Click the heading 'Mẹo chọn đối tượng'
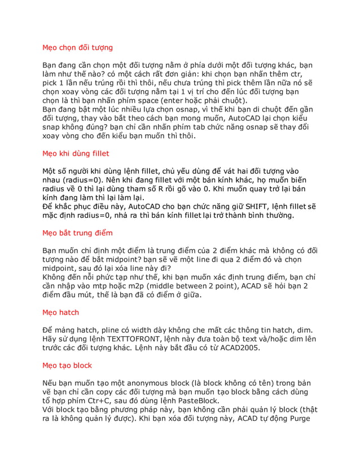[x=78, y=47]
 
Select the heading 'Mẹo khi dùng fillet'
[x=76, y=153]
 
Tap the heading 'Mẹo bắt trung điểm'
[x=78, y=232]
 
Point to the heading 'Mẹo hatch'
[x=61, y=312]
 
